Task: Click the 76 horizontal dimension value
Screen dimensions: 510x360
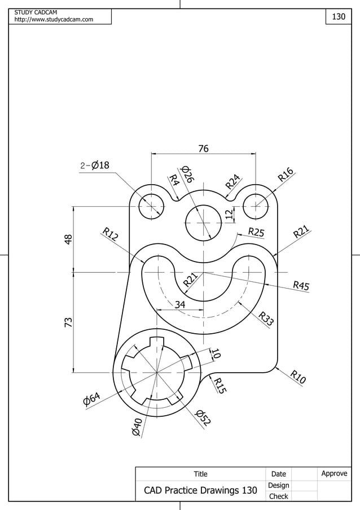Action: point(203,149)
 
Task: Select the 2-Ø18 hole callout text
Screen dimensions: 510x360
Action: point(94,165)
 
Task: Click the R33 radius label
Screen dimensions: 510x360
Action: point(266,319)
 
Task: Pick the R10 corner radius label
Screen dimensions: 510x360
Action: point(298,377)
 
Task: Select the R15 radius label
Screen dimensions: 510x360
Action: point(219,385)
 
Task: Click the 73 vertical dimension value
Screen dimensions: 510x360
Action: point(68,322)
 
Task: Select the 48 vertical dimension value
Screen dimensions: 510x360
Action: point(68,239)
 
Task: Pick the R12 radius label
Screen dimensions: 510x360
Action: point(110,234)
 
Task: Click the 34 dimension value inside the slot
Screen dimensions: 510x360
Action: point(180,304)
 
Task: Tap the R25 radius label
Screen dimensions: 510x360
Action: point(256,232)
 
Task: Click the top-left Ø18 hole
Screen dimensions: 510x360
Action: point(151,204)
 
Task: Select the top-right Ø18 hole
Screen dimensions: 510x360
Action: point(257,204)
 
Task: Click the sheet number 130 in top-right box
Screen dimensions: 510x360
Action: point(338,17)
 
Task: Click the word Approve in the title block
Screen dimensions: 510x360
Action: point(334,473)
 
